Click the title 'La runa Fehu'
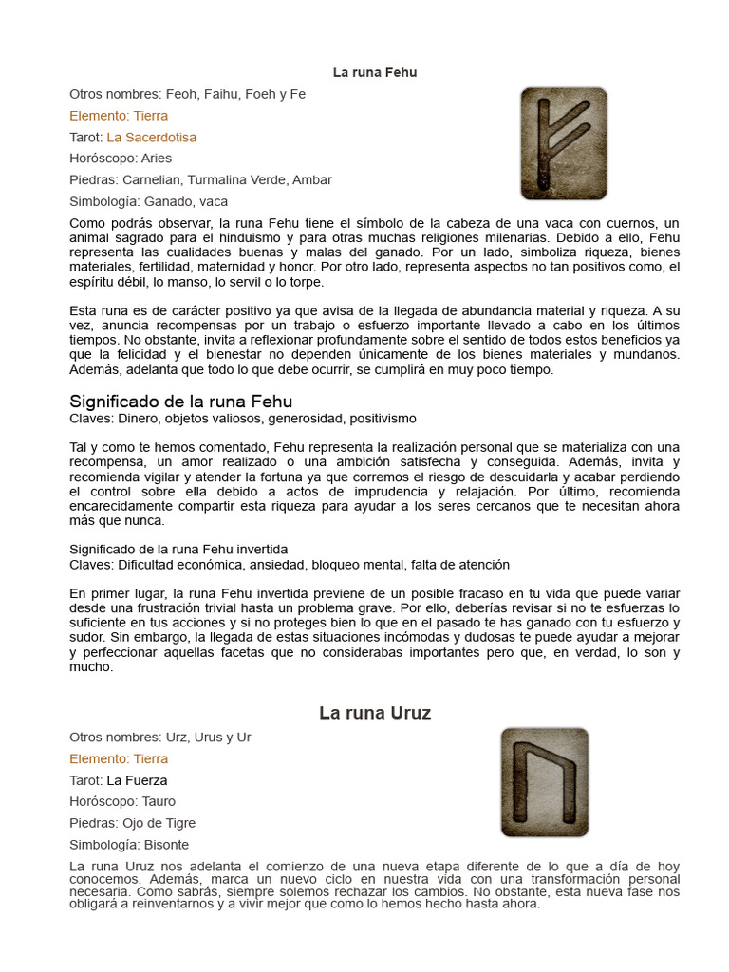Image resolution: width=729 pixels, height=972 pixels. (x=375, y=72)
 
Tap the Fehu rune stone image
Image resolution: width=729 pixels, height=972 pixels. (x=564, y=143)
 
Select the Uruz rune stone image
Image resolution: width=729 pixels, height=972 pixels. (x=544, y=782)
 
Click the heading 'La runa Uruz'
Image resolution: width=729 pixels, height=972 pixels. (x=375, y=713)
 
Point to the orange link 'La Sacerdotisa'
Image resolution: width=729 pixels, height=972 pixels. (x=152, y=138)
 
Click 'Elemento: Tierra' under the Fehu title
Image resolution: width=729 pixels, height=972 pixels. (x=119, y=116)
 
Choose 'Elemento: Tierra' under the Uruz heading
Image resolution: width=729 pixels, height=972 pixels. (x=119, y=758)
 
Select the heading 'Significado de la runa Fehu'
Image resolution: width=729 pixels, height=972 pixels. (x=181, y=401)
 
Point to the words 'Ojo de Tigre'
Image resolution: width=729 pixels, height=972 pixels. (x=158, y=823)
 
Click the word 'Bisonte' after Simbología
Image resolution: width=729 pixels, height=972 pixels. (x=167, y=844)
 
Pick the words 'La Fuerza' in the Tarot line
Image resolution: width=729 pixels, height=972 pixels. (x=137, y=780)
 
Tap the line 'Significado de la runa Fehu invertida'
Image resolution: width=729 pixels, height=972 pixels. (x=178, y=550)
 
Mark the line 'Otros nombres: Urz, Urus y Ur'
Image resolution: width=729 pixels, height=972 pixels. (x=159, y=738)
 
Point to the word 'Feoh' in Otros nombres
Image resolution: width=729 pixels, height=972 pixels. (x=182, y=95)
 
